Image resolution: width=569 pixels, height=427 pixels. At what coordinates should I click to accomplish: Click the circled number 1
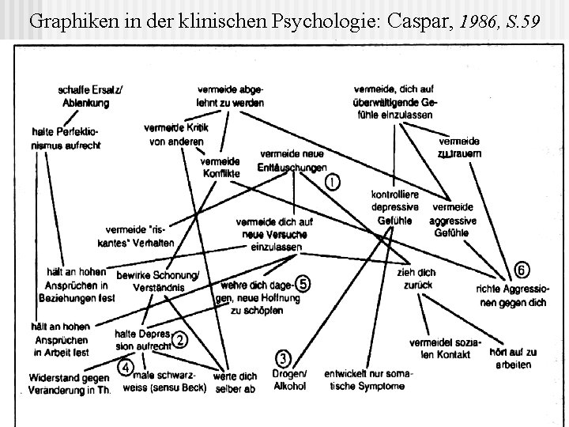pyautogui.click(x=333, y=182)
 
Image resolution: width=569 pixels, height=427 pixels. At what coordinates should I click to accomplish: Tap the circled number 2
pyautogui.click(x=181, y=341)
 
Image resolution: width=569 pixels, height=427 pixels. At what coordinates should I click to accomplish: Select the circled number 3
pyautogui.click(x=284, y=358)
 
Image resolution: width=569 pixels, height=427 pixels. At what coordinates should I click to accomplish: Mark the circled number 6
pyautogui.click(x=522, y=270)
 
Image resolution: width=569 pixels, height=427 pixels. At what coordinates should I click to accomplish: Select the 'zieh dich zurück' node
pyautogui.click(x=417, y=278)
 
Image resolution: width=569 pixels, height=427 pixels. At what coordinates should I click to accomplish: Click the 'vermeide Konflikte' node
pyautogui.click(x=220, y=168)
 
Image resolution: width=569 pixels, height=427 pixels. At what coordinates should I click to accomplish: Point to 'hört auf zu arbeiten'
pyautogui.click(x=514, y=357)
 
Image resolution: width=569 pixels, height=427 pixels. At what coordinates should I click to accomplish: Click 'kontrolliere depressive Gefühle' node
pyautogui.click(x=395, y=207)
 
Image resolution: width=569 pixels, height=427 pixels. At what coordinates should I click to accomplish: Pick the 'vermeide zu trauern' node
pyautogui.click(x=458, y=146)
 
